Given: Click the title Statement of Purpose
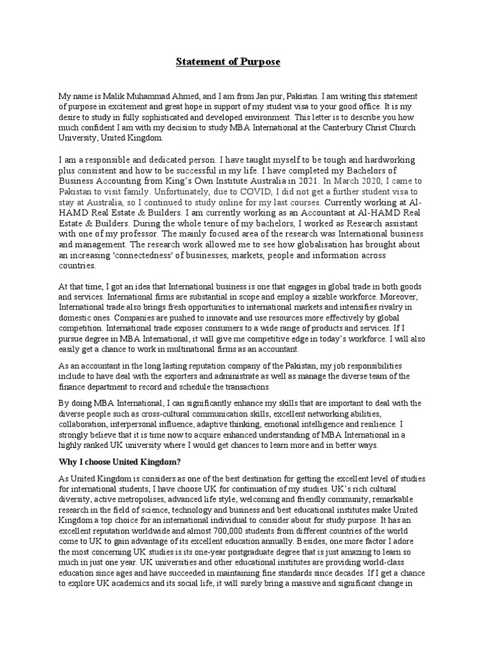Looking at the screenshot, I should [x=227, y=62].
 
